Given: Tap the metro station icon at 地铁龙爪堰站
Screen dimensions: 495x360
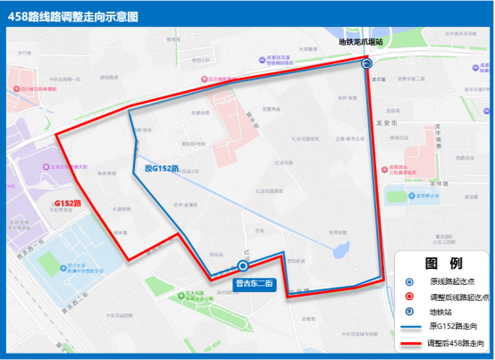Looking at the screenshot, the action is coord(366,63).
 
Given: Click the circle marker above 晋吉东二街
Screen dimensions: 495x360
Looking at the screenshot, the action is coord(244,265).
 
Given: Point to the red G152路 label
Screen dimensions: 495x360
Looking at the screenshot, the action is coord(67,204).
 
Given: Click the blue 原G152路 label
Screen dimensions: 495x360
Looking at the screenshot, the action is coord(162,168).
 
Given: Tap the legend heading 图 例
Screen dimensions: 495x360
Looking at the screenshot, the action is coord(443,264).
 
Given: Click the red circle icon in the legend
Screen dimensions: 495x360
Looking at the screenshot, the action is coord(408,296).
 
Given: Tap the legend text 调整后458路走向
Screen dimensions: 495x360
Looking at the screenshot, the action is coord(459,341).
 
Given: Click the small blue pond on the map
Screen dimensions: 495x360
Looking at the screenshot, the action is coord(340,251).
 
